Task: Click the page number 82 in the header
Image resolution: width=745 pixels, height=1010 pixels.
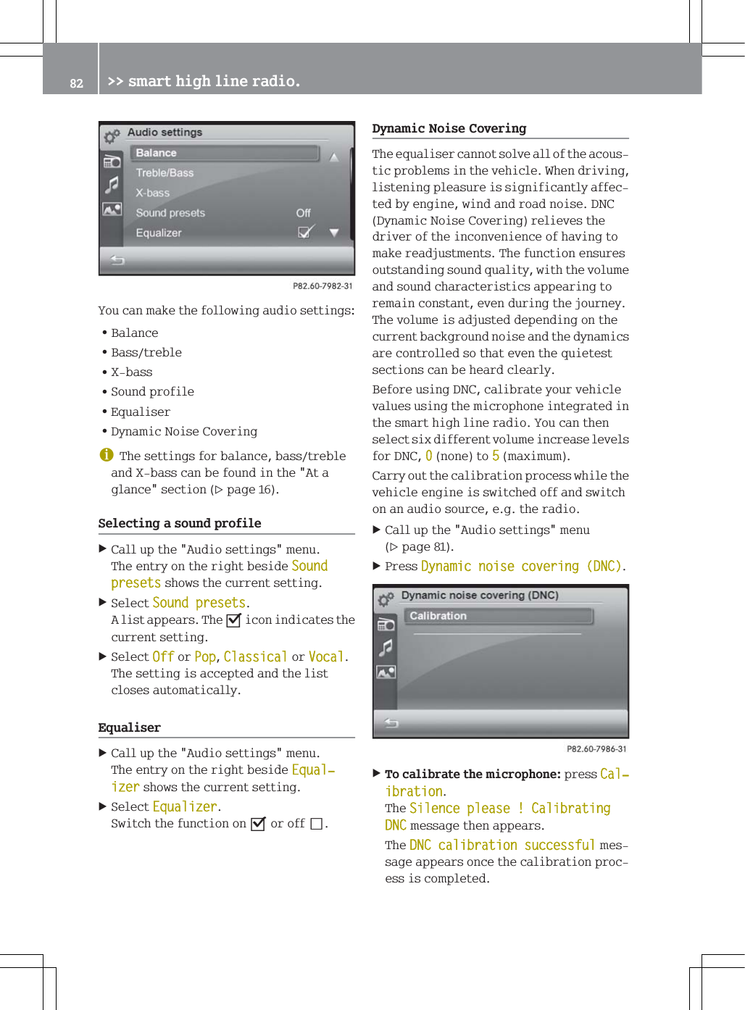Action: point(76,83)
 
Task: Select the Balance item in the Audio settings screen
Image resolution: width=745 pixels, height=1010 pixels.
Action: point(156,153)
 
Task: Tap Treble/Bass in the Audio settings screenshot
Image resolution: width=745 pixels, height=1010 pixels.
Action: point(165,173)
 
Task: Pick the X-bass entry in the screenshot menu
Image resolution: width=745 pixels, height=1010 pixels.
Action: point(152,193)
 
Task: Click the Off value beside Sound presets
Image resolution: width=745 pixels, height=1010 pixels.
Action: point(303,213)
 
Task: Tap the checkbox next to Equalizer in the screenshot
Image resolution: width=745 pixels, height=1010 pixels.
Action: point(306,232)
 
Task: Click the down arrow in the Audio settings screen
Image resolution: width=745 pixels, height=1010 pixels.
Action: point(334,233)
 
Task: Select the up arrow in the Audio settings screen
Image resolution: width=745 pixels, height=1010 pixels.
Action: point(334,156)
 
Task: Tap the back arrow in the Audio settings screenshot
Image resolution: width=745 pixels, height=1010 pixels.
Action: point(117,260)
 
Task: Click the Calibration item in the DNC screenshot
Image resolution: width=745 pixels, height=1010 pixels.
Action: point(438,616)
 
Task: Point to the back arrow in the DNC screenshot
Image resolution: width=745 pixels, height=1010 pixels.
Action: point(391,722)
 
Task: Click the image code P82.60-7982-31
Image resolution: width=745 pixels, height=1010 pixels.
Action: point(322,286)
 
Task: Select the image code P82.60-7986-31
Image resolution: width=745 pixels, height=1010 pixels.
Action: point(596,749)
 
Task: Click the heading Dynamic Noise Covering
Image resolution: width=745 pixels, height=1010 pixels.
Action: point(449,128)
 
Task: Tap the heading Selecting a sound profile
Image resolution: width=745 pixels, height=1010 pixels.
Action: point(180,523)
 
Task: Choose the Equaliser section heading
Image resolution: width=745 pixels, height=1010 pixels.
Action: point(130,727)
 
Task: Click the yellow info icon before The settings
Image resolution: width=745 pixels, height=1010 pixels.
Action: point(107,455)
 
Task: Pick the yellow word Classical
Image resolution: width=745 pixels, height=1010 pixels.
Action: point(255,657)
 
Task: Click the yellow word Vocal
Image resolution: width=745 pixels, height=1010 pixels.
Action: point(325,657)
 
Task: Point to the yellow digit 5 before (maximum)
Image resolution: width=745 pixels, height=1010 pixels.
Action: point(496,456)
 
